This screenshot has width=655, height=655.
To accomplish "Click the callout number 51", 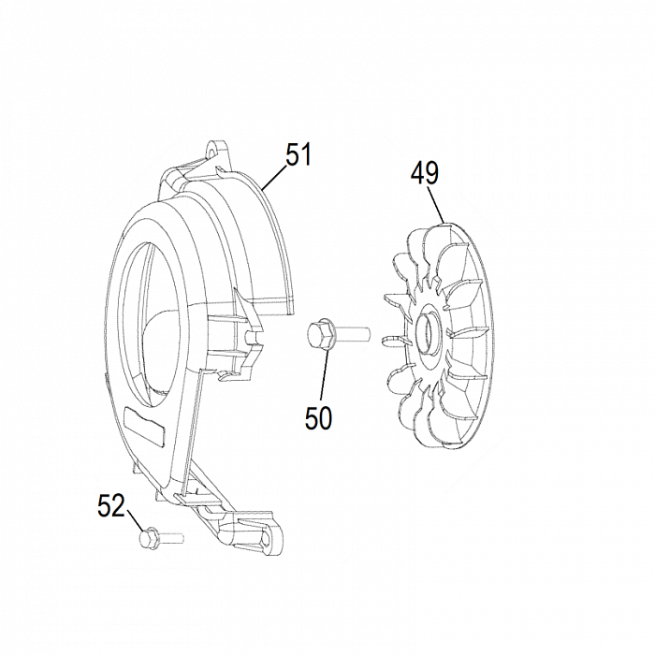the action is [x=298, y=154].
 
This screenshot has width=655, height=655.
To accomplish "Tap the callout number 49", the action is [x=425, y=173].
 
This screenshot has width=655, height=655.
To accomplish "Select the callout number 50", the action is [x=319, y=417].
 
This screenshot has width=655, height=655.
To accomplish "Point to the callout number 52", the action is [x=111, y=505].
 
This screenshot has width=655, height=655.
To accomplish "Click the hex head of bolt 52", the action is [x=148, y=538].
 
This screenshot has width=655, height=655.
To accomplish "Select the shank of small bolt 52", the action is [x=170, y=537].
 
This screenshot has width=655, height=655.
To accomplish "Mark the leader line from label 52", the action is [x=135, y=519].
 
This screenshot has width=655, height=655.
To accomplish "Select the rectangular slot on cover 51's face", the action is [x=144, y=425].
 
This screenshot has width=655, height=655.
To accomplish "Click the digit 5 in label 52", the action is [x=104, y=505].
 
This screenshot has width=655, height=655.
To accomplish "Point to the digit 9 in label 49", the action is [x=432, y=173].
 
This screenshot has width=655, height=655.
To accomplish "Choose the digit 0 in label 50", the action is [x=326, y=417].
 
